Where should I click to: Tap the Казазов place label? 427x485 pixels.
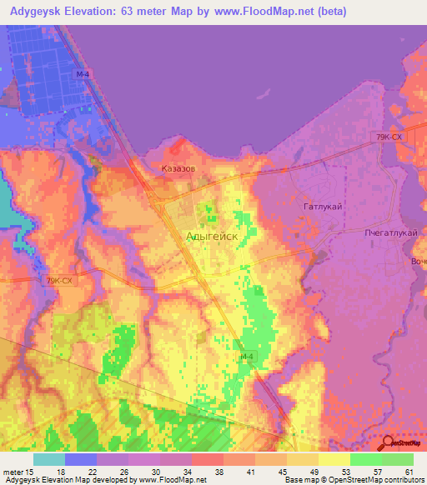(x=178, y=167)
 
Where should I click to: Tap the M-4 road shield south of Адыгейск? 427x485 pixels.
(x=245, y=357)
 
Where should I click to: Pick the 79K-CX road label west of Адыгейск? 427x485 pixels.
(x=60, y=281)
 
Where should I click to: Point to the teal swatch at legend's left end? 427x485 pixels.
(x=49, y=458)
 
